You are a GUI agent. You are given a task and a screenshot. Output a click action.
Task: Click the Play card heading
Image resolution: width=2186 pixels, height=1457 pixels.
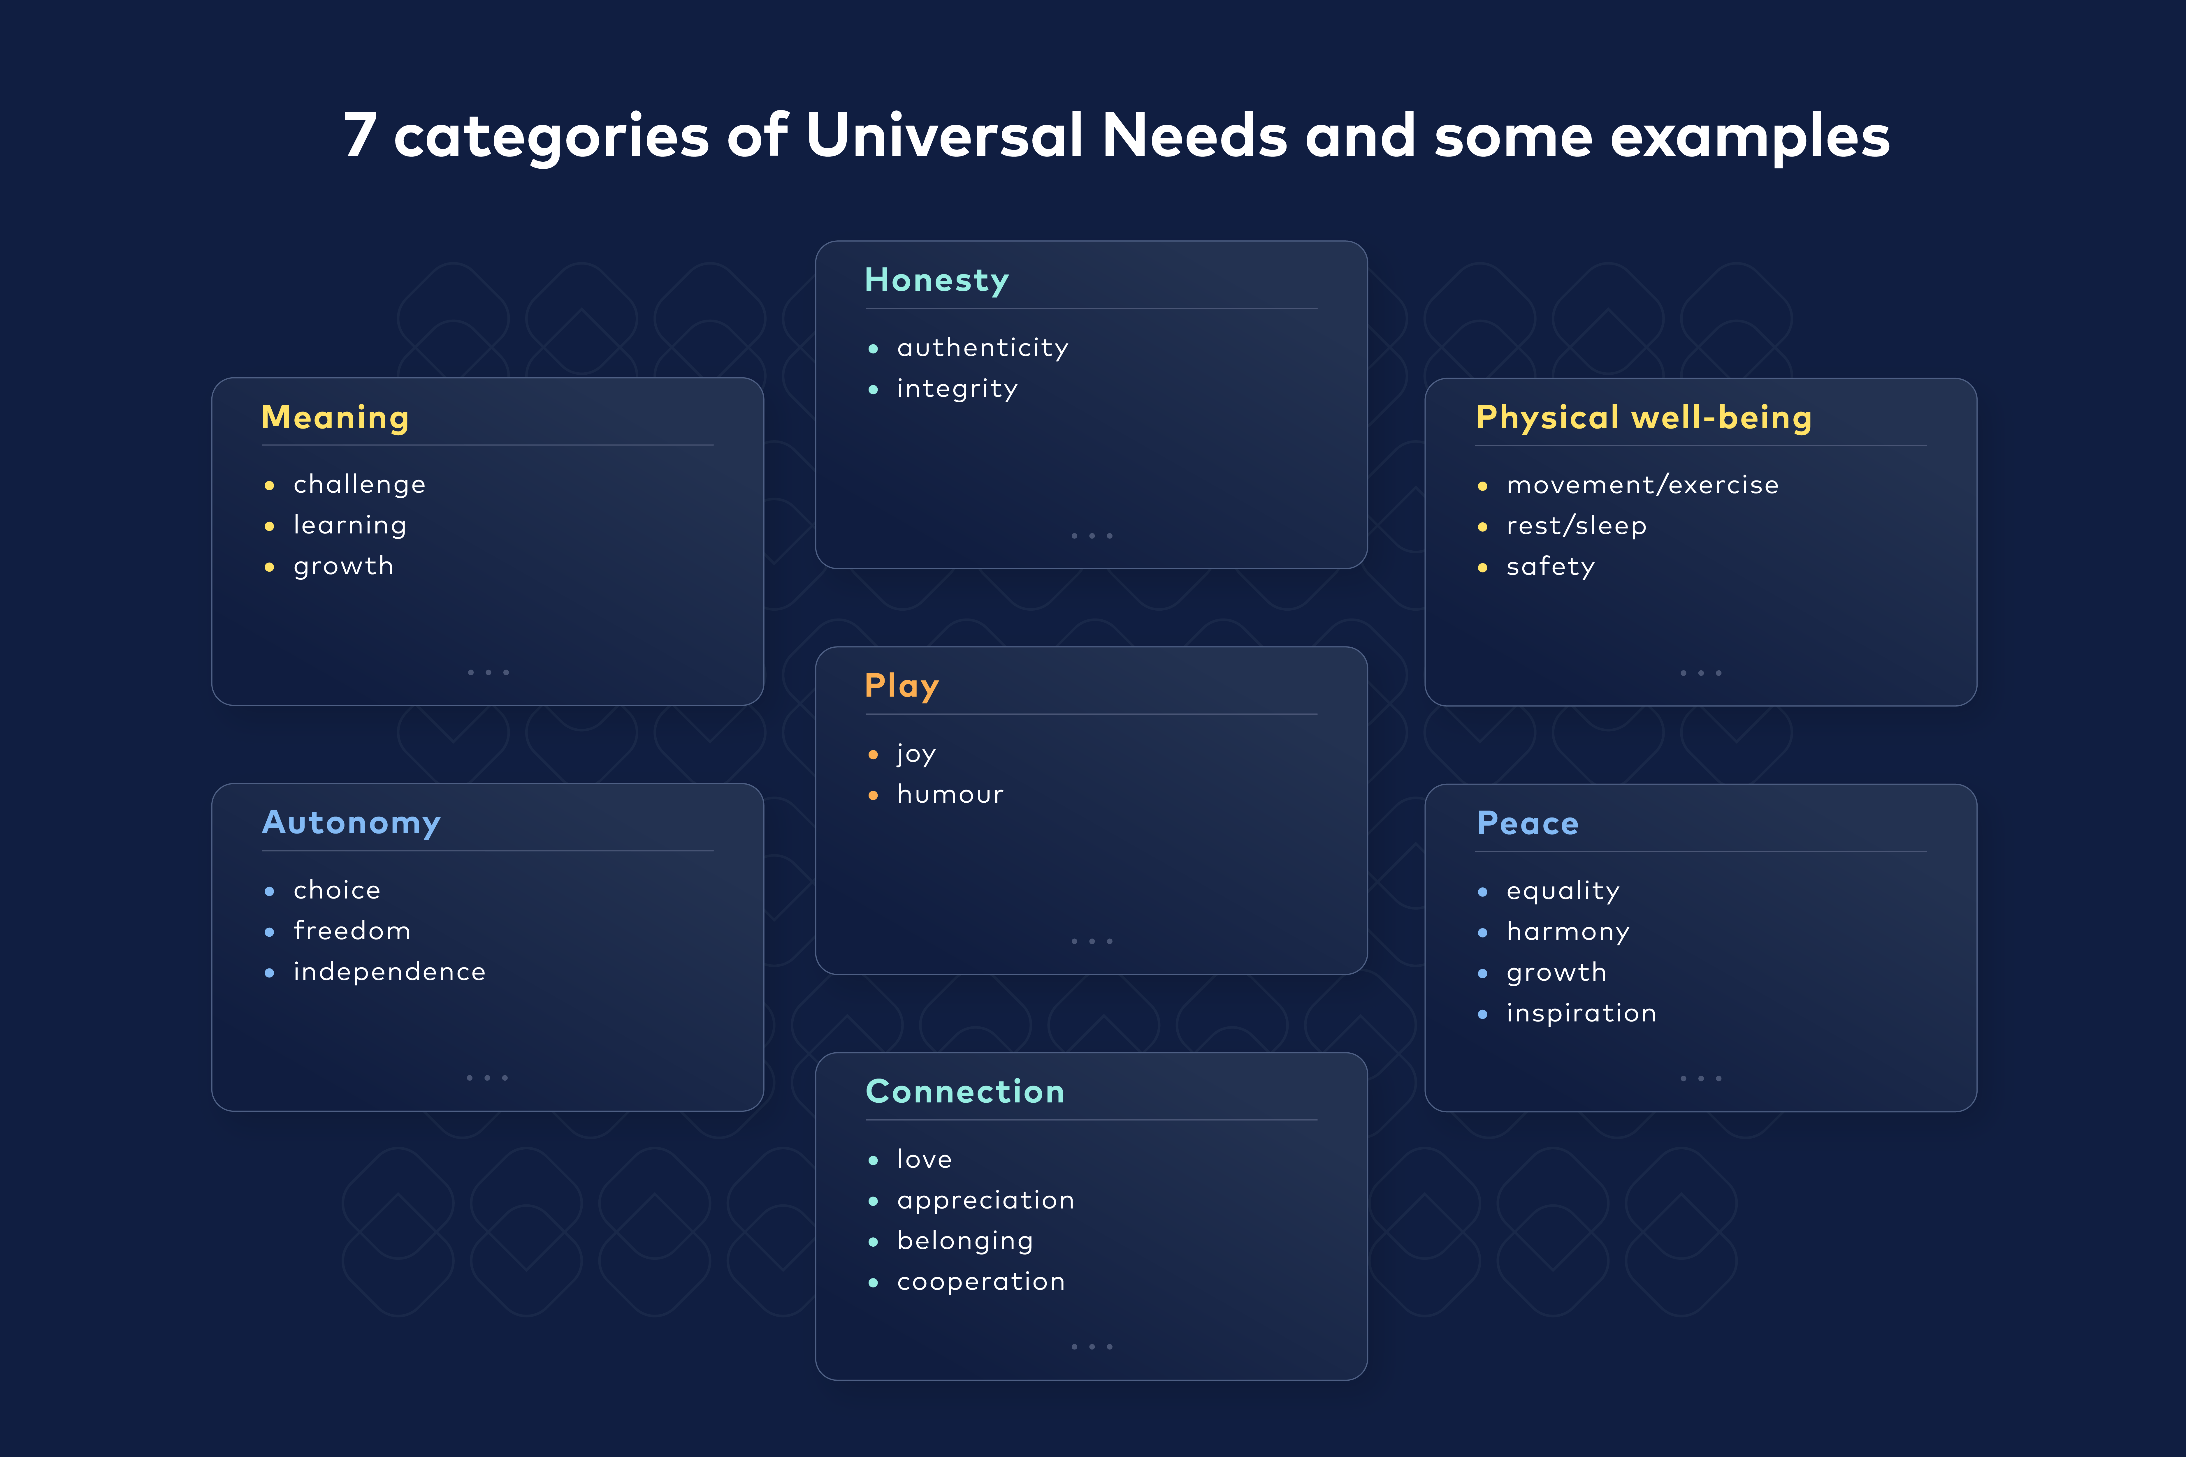click(x=902, y=686)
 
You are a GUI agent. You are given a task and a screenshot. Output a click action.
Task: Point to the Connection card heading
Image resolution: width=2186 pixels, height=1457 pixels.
click(x=965, y=1091)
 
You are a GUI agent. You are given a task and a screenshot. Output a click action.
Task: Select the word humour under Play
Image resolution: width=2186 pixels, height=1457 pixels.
click(x=950, y=794)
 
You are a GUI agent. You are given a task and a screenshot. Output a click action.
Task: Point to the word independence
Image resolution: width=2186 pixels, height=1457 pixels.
click(x=389, y=972)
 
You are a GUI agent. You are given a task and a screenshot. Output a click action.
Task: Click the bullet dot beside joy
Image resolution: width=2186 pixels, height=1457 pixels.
click(x=873, y=755)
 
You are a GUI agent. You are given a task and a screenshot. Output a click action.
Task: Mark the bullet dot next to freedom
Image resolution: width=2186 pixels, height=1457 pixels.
click(x=270, y=932)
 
